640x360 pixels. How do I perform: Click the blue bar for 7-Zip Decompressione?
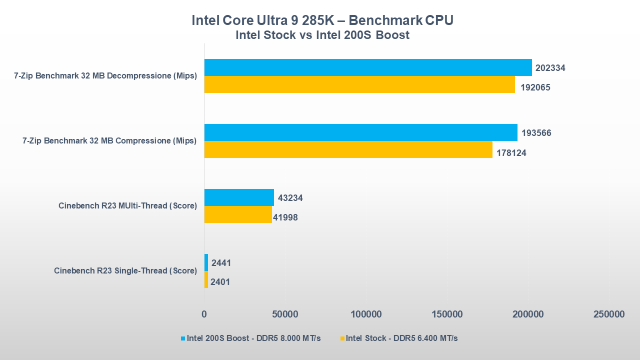coord(368,67)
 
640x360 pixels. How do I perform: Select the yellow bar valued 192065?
coord(359,84)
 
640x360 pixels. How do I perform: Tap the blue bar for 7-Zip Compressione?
coord(360,132)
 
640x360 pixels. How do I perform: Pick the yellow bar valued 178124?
coord(348,149)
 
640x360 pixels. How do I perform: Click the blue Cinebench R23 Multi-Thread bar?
coord(239,197)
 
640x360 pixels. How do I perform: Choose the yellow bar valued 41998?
coord(238,214)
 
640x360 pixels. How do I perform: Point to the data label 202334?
coord(550,68)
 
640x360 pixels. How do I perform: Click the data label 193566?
coord(536,133)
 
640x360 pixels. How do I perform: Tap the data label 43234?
coord(290,198)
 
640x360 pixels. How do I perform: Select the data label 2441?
coord(221,263)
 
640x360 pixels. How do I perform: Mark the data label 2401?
coord(220,282)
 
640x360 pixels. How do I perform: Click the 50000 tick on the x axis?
coord(285,314)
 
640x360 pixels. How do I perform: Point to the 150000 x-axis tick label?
coord(446,314)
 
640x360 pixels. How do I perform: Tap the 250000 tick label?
coord(608,314)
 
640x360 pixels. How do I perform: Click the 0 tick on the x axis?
coord(204,314)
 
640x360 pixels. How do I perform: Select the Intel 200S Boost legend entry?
coord(250,338)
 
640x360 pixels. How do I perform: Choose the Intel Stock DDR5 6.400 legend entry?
coord(398,338)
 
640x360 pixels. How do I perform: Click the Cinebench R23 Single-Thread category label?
coord(125,271)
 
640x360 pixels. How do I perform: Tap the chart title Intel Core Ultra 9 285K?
coord(322,20)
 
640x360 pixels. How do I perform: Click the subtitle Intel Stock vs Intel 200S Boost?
coord(322,35)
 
